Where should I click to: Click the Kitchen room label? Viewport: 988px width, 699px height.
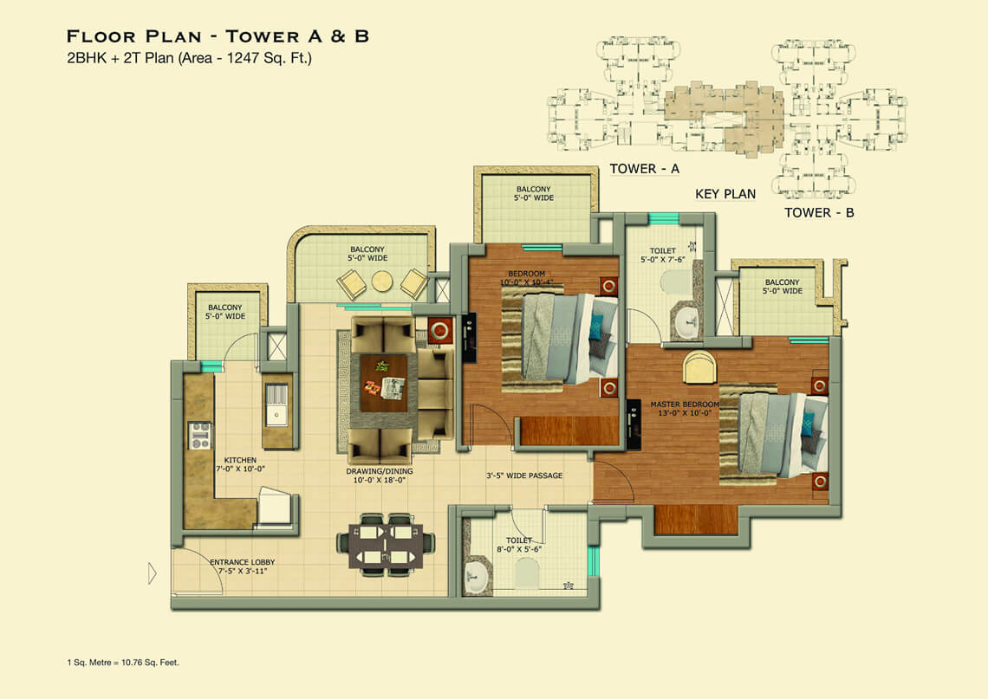tap(240, 465)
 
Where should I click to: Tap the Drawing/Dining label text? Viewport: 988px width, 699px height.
tap(380, 476)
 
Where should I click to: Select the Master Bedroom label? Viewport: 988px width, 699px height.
tap(685, 409)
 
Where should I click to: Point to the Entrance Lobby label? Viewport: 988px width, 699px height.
tap(243, 566)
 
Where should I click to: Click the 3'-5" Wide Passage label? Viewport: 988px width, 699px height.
tap(524, 476)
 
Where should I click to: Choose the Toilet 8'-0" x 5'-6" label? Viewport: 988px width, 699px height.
tap(519, 545)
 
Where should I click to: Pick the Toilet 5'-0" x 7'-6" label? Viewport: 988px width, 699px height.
tap(662, 255)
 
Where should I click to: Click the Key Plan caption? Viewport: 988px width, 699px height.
tap(725, 194)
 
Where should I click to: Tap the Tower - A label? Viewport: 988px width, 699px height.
tap(644, 169)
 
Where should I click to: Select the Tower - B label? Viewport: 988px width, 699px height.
tap(819, 213)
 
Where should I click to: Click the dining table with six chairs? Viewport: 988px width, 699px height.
tap(385, 545)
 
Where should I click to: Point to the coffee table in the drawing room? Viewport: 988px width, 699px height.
tap(383, 383)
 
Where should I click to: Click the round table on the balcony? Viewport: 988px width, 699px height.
tap(382, 282)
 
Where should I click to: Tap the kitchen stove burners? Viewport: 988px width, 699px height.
tap(199, 435)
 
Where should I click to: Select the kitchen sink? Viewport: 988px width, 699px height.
tap(276, 405)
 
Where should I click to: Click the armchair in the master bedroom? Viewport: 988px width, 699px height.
tap(699, 368)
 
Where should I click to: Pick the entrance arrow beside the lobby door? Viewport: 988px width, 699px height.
tap(152, 573)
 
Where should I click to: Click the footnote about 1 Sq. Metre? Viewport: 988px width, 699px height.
tap(123, 663)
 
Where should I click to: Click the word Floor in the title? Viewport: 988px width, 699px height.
tap(102, 36)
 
